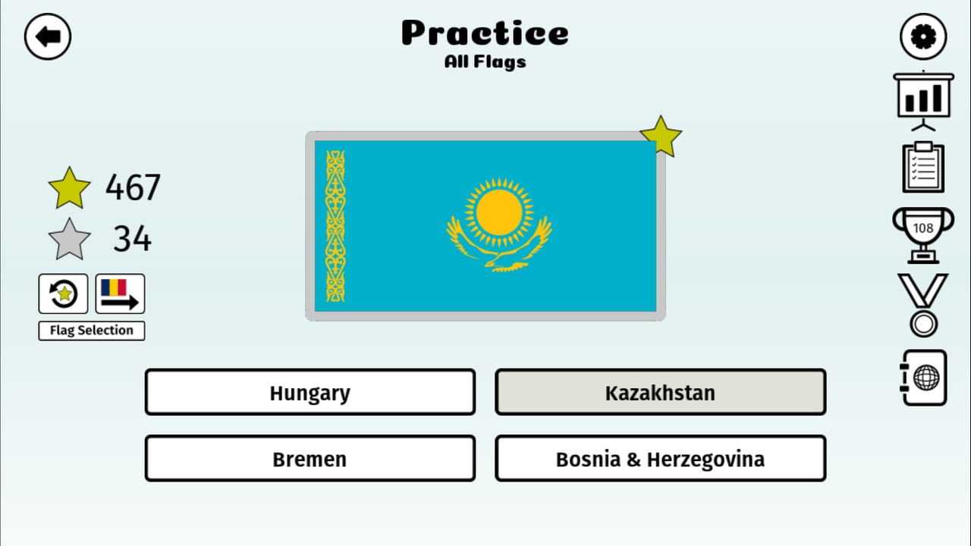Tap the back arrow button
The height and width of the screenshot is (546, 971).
pos(48,36)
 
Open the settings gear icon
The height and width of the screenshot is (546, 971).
pos(923,36)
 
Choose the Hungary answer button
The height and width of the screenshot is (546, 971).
pos(310,392)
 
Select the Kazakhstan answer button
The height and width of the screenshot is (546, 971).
pos(660,392)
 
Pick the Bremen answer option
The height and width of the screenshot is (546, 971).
pos(310,459)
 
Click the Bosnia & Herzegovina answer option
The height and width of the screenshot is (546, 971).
pos(660,459)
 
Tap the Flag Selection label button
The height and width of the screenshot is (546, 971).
pos(92,331)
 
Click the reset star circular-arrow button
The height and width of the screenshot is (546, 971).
pos(63,293)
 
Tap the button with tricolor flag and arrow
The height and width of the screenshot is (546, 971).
pos(120,293)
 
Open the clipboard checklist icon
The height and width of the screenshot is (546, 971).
pos(923,168)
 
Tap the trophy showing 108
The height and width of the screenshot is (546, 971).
pos(923,235)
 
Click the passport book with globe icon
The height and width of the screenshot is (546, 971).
pos(924,378)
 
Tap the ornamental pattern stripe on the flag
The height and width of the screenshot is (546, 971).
pos(335,226)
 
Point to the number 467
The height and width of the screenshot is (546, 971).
pos(133,187)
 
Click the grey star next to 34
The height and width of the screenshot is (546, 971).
pos(69,240)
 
